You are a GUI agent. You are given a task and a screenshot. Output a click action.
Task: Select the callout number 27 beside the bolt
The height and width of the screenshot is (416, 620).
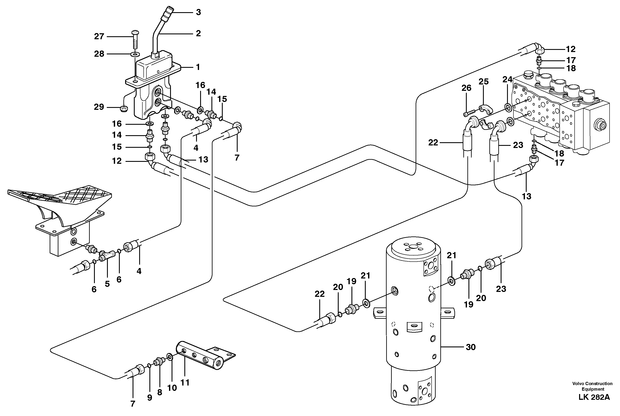[x=99, y=36]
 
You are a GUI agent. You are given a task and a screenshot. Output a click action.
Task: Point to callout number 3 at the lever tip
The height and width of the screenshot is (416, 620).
[x=198, y=12]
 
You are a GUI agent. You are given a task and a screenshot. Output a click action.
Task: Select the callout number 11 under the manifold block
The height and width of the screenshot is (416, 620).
[x=185, y=383]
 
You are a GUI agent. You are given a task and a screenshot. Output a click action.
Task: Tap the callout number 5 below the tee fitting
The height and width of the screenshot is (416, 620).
[x=107, y=284]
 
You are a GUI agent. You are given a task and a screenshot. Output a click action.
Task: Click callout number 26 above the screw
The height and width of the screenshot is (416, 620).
[x=467, y=88]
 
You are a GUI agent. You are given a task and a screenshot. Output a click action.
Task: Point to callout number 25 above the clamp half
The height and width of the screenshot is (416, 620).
[x=483, y=81]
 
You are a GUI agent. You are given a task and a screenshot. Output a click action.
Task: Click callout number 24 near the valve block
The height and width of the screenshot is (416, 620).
[x=507, y=79]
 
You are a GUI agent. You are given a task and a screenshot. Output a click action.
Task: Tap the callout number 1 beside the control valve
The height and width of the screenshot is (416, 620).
[x=198, y=67]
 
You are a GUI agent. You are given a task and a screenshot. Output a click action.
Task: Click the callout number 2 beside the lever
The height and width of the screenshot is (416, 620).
[x=198, y=33]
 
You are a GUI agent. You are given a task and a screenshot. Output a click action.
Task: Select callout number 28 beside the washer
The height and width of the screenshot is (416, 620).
[x=99, y=54]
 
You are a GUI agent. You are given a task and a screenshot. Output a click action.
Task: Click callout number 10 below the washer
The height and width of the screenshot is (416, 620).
[x=172, y=388]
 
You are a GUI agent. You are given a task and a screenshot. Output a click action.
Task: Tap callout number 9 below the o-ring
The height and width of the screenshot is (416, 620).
[x=150, y=397]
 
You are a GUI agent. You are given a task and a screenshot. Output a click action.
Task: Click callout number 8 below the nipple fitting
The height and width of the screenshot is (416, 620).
[x=159, y=392]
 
